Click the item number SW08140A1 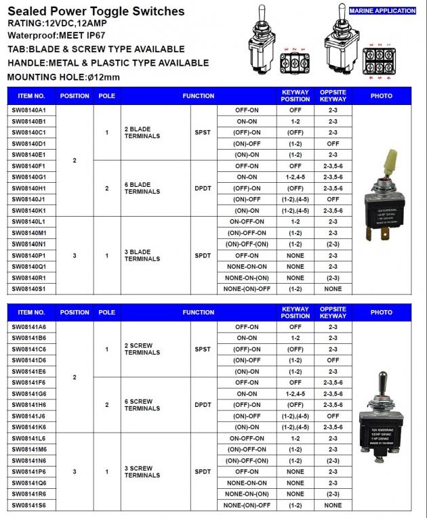click(28, 110)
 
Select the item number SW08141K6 click(28, 427)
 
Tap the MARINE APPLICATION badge click(382, 11)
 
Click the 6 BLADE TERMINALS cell click(142, 188)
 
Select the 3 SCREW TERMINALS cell click(142, 472)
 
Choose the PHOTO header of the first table click(382, 96)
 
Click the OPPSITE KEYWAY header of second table click(333, 312)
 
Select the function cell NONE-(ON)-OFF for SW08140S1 click(247, 289)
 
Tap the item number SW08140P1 click(28, 256)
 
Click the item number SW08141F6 click(28, 383)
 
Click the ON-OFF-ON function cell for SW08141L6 click(247, 439)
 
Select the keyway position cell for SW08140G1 click(295, 177)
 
